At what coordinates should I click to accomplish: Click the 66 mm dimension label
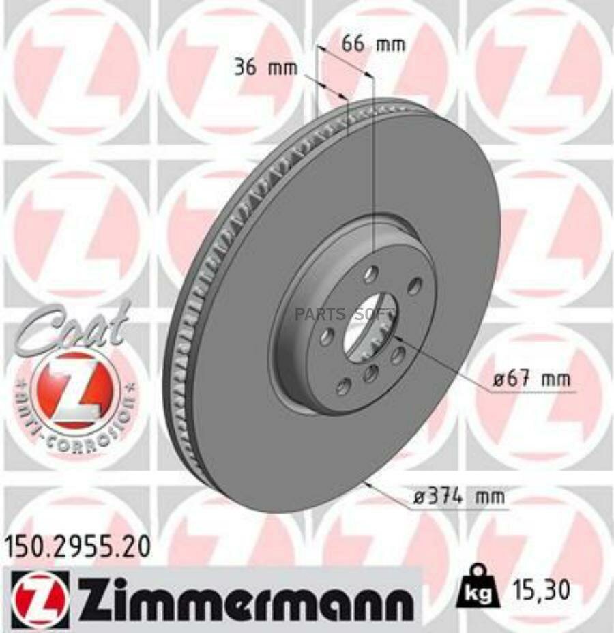point(372,45)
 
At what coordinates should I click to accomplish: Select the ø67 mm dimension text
point(532,379)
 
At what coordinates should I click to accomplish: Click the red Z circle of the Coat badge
point(74,390)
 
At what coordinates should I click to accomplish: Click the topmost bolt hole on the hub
point(370,275)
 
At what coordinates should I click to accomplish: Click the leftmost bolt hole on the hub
point(327,336)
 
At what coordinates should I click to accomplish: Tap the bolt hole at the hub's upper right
point(413,288)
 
